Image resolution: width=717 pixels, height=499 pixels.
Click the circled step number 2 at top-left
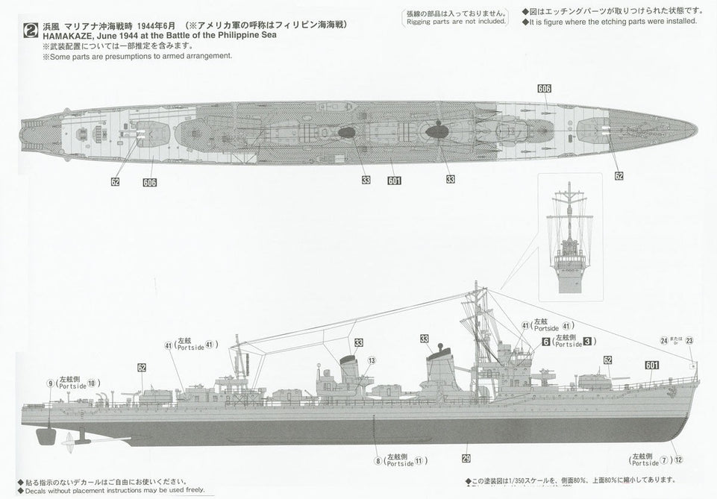[31, 31]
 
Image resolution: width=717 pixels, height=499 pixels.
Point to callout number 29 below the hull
[466, 459]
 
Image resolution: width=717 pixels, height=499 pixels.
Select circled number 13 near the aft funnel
[371, 361]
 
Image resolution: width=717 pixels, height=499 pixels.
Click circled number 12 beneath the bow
[678, 460]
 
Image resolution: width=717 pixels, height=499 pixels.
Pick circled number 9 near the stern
[50, 384]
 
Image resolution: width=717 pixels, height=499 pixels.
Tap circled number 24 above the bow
[663, 340]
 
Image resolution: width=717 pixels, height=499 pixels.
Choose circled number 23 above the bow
[689, 340]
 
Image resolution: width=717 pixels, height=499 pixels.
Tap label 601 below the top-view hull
[394, 180]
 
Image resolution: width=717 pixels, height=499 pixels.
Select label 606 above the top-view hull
[544, 89]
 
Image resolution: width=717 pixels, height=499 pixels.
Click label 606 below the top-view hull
[149, 182]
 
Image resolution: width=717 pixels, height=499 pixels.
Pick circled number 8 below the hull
[378, 462]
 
